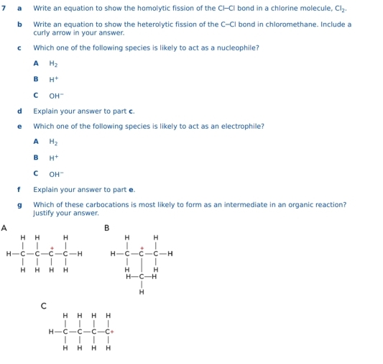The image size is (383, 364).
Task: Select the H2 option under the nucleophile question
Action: [53, 63]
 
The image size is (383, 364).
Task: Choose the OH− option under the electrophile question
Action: [56, 173]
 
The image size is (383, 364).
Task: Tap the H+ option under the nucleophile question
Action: [53, 79]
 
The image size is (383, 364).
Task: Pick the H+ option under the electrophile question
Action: [53, 158]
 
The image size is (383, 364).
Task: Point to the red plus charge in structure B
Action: [142, 247]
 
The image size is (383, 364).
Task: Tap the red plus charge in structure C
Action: [113, 332]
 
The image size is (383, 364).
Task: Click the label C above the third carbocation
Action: [44, 306]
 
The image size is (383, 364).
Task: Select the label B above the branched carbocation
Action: [107, 228]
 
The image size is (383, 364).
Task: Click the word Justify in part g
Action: [45, 213]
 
